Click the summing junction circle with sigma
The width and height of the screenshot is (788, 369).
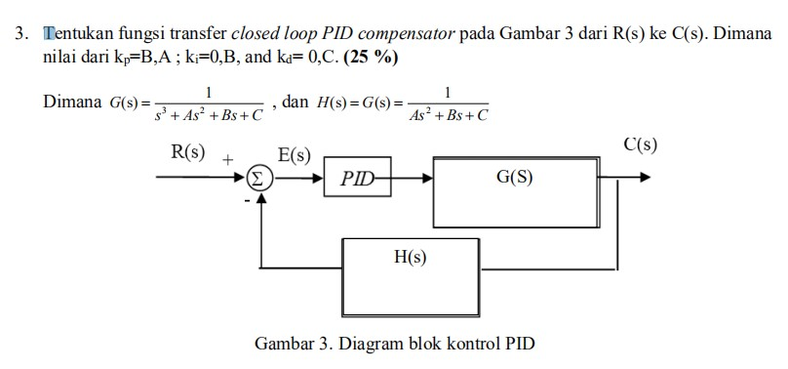point(258,179)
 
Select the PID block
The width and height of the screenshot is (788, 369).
point(357,179)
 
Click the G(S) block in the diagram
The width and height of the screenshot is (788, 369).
point(514,180)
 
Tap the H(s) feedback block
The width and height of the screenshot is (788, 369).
point(410,258)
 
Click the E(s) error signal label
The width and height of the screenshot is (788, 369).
point(294,154)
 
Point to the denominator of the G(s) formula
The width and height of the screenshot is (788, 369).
point(209,113)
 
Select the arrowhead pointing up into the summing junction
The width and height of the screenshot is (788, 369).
point(259,196)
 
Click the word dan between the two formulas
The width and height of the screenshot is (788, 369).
point(295,102)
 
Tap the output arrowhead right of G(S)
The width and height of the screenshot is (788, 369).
point(645,179)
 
